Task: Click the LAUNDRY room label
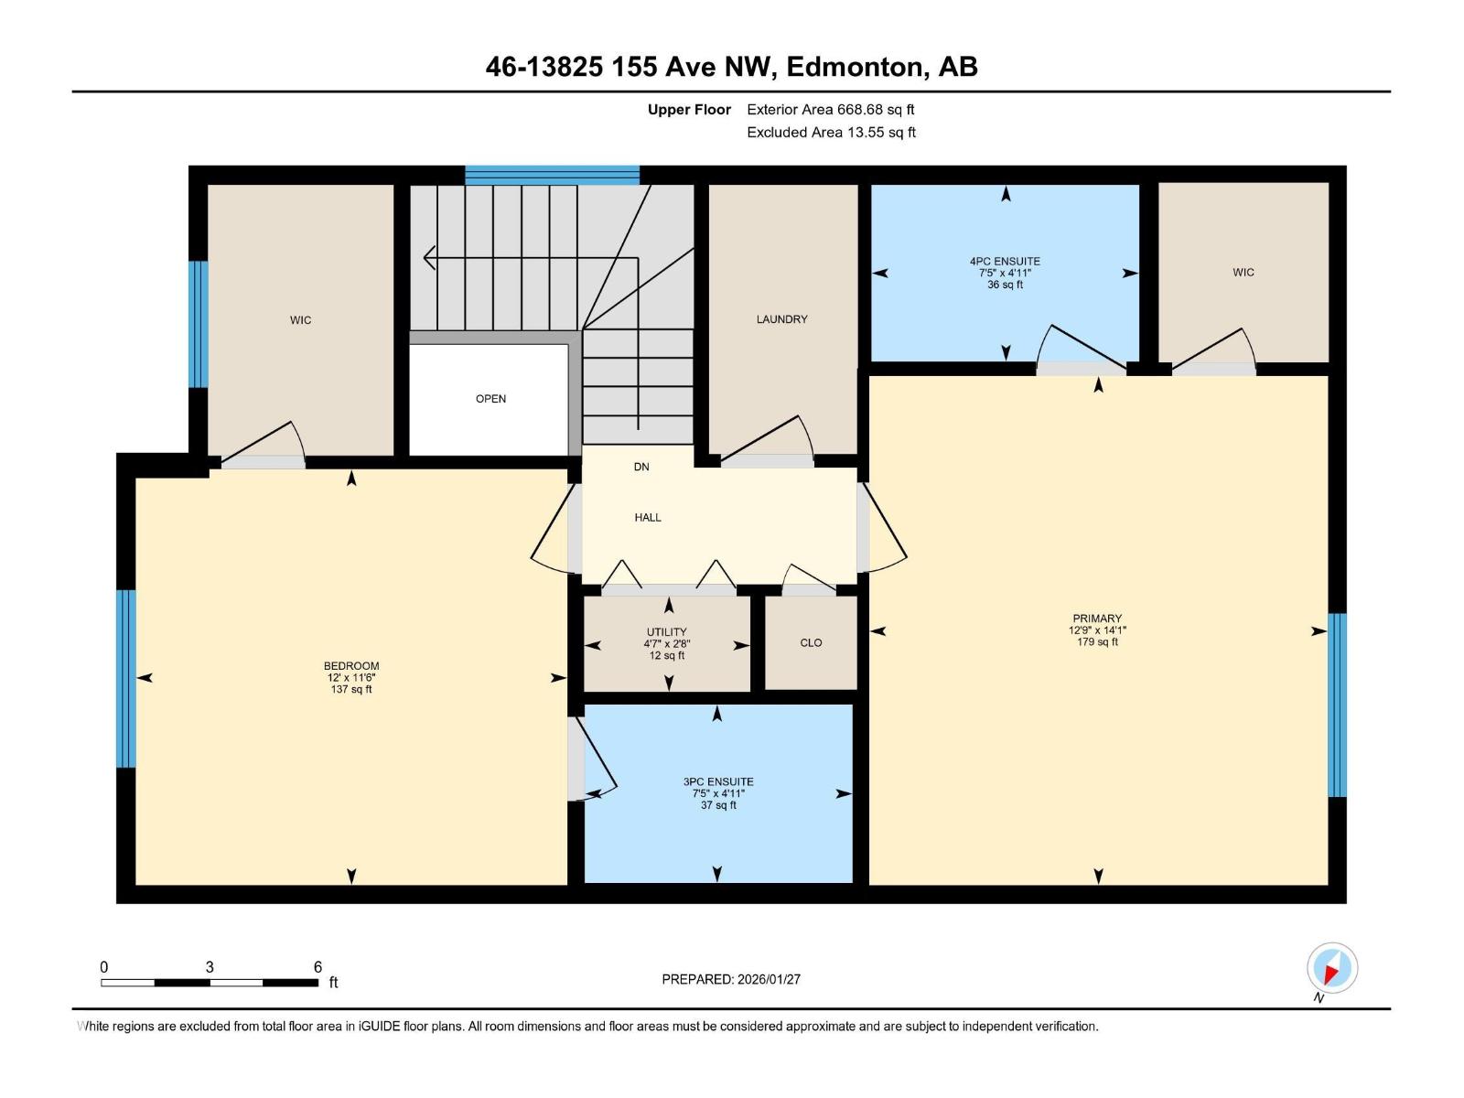pos(781,319)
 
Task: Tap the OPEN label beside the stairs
pos(490,399)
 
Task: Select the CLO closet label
pos(811,643)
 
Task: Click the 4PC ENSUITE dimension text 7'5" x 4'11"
pos(1005,273)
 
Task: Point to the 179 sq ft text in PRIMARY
pos(1097,642)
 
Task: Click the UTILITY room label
pos(666,632)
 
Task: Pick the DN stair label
pos(641,467)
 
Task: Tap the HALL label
pos(648,518)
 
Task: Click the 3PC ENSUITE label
pos(718,782)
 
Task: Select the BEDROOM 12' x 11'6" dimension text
pos(351,678)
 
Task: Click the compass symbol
pos(1331,968)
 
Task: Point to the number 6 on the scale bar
pos(318,967)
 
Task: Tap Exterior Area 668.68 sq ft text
pos(830,110)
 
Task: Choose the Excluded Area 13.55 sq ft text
pos(831,133)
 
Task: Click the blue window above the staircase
pos(552,175)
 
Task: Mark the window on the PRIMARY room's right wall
pos(1337,705)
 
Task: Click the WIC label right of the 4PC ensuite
pos(1243,273)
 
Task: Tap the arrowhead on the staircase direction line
pos(428,258)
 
